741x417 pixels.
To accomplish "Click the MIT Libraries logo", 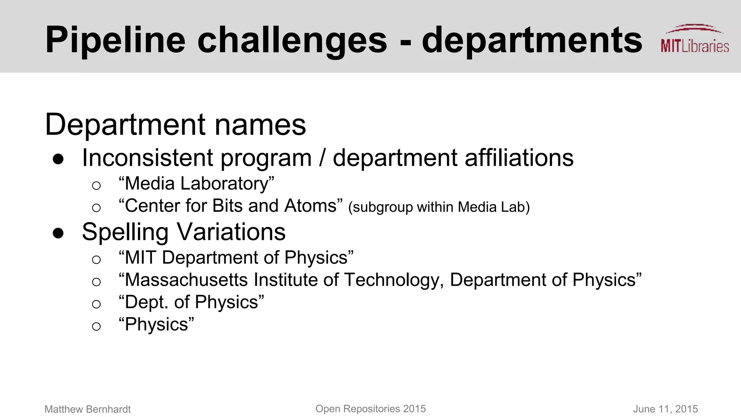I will coord(694,39).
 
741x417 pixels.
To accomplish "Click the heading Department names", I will coord(175,125).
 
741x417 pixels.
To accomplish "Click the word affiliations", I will coord(519,158).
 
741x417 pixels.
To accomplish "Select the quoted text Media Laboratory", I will coord(196,184).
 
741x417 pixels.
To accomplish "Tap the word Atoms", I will coord(310,206).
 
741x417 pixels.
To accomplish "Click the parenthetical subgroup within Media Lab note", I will coord(439,207).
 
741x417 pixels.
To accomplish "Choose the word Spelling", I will coord(125,232).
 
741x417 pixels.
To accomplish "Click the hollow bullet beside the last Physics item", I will coord(96,326).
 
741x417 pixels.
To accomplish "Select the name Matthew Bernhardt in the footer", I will coord(88,409).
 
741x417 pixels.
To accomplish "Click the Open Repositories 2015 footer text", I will coord(370,409).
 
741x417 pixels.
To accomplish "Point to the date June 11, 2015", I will coord(665,409).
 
